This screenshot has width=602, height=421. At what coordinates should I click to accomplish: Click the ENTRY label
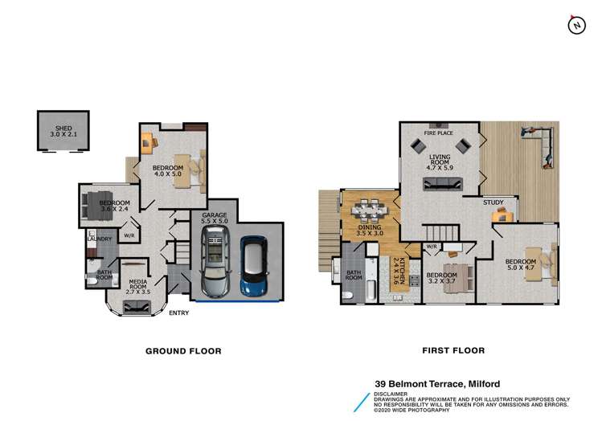[178, 313]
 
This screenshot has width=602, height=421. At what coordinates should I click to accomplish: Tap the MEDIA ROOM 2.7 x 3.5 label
[138, 284]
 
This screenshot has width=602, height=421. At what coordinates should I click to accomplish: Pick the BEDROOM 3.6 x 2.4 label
[115, 206]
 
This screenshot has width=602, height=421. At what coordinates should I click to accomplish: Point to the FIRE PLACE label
[438, 133]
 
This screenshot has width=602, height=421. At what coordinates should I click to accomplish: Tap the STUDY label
[493, 202]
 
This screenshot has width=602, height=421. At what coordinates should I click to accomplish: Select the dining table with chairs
[371, 210]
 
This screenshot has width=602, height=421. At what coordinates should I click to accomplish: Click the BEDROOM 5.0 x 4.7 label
[521, 265]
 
